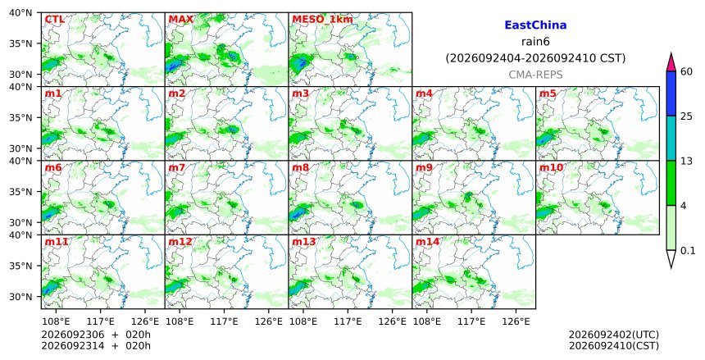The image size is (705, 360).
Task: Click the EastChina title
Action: (x=535, y=25)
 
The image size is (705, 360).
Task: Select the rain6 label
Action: (x=535, y=42)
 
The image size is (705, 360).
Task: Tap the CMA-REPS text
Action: (x=535, y=75)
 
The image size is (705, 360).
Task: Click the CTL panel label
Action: (x=54, y=20)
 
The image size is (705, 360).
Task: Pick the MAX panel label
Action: (x=180, y=20)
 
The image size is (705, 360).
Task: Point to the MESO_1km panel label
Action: (x=322, y=20)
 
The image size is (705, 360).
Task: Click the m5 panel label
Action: (x=548, y=93)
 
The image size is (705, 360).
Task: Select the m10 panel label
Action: (x=551, y=168)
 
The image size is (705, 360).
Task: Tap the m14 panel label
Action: (x=427, y=242)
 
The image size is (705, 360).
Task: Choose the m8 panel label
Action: (x=300, y=168)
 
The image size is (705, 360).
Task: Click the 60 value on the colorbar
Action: (x=686, y=71)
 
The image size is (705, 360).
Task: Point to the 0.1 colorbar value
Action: (x=688, y=251)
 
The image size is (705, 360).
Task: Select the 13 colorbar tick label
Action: (x=686, y=161)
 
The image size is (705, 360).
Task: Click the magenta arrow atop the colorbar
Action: (x=671, y=62)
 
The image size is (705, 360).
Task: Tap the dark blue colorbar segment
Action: (x=671, y=93)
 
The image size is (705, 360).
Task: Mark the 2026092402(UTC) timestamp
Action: (x=614, y=335)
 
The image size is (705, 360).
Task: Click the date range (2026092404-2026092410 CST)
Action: (x=535, y=58)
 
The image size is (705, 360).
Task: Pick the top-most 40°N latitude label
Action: (x=20, y=13)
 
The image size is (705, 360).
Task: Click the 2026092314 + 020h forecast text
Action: (x=96, y=346)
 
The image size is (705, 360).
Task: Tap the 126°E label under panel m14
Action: (x=516, y=321)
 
